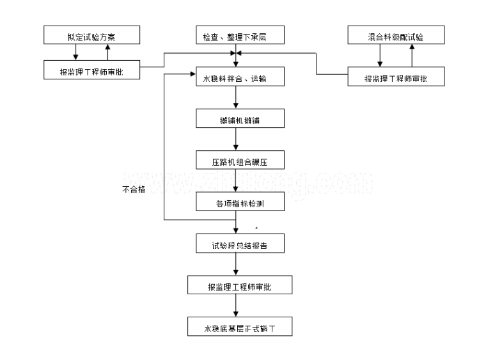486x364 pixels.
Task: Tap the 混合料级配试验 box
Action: coord(396,37)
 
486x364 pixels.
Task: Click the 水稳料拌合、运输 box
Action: coord(237,77)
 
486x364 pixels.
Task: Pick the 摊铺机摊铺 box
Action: coord(237,119)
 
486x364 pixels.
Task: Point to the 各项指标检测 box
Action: coord(237,202)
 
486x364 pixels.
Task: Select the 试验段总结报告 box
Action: coord(237,244)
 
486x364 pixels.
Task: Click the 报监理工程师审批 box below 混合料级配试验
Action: coord(396,77)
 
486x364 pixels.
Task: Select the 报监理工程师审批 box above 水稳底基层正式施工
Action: coord(239,285)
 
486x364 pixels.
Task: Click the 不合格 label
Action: coord(133,189)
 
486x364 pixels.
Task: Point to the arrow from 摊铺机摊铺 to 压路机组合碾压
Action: coord(237,139)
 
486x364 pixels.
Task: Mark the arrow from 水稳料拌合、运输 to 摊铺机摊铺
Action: coord(237,98)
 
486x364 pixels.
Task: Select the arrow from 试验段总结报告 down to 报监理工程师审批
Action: coord(237,265)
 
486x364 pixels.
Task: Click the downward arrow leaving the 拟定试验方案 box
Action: coord(76,54)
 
